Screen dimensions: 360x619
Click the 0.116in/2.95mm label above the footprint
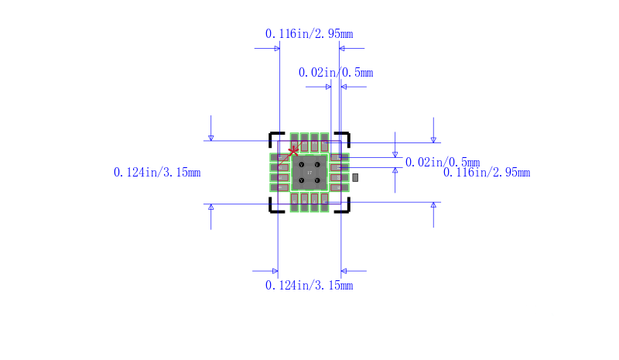[309, 33]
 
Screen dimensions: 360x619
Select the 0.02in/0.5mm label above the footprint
[336, 73]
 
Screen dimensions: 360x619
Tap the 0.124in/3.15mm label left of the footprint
[157, 173]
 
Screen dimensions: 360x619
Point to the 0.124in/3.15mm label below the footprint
[309, 286]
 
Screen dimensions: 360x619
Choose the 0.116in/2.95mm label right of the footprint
[487, 173]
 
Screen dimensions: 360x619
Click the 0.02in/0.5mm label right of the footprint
[442, 163]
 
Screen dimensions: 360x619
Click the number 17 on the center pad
[309, 173]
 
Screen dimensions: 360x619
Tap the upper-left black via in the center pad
[301, 165]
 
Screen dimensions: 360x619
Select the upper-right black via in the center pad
[317, 165]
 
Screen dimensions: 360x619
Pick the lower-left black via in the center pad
[301, 181]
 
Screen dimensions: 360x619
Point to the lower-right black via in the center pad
[317, 181]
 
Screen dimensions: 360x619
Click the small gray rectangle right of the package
[355, 178]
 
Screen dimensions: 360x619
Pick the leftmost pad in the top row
[294, 143]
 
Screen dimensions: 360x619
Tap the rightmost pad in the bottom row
[324, 201]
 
